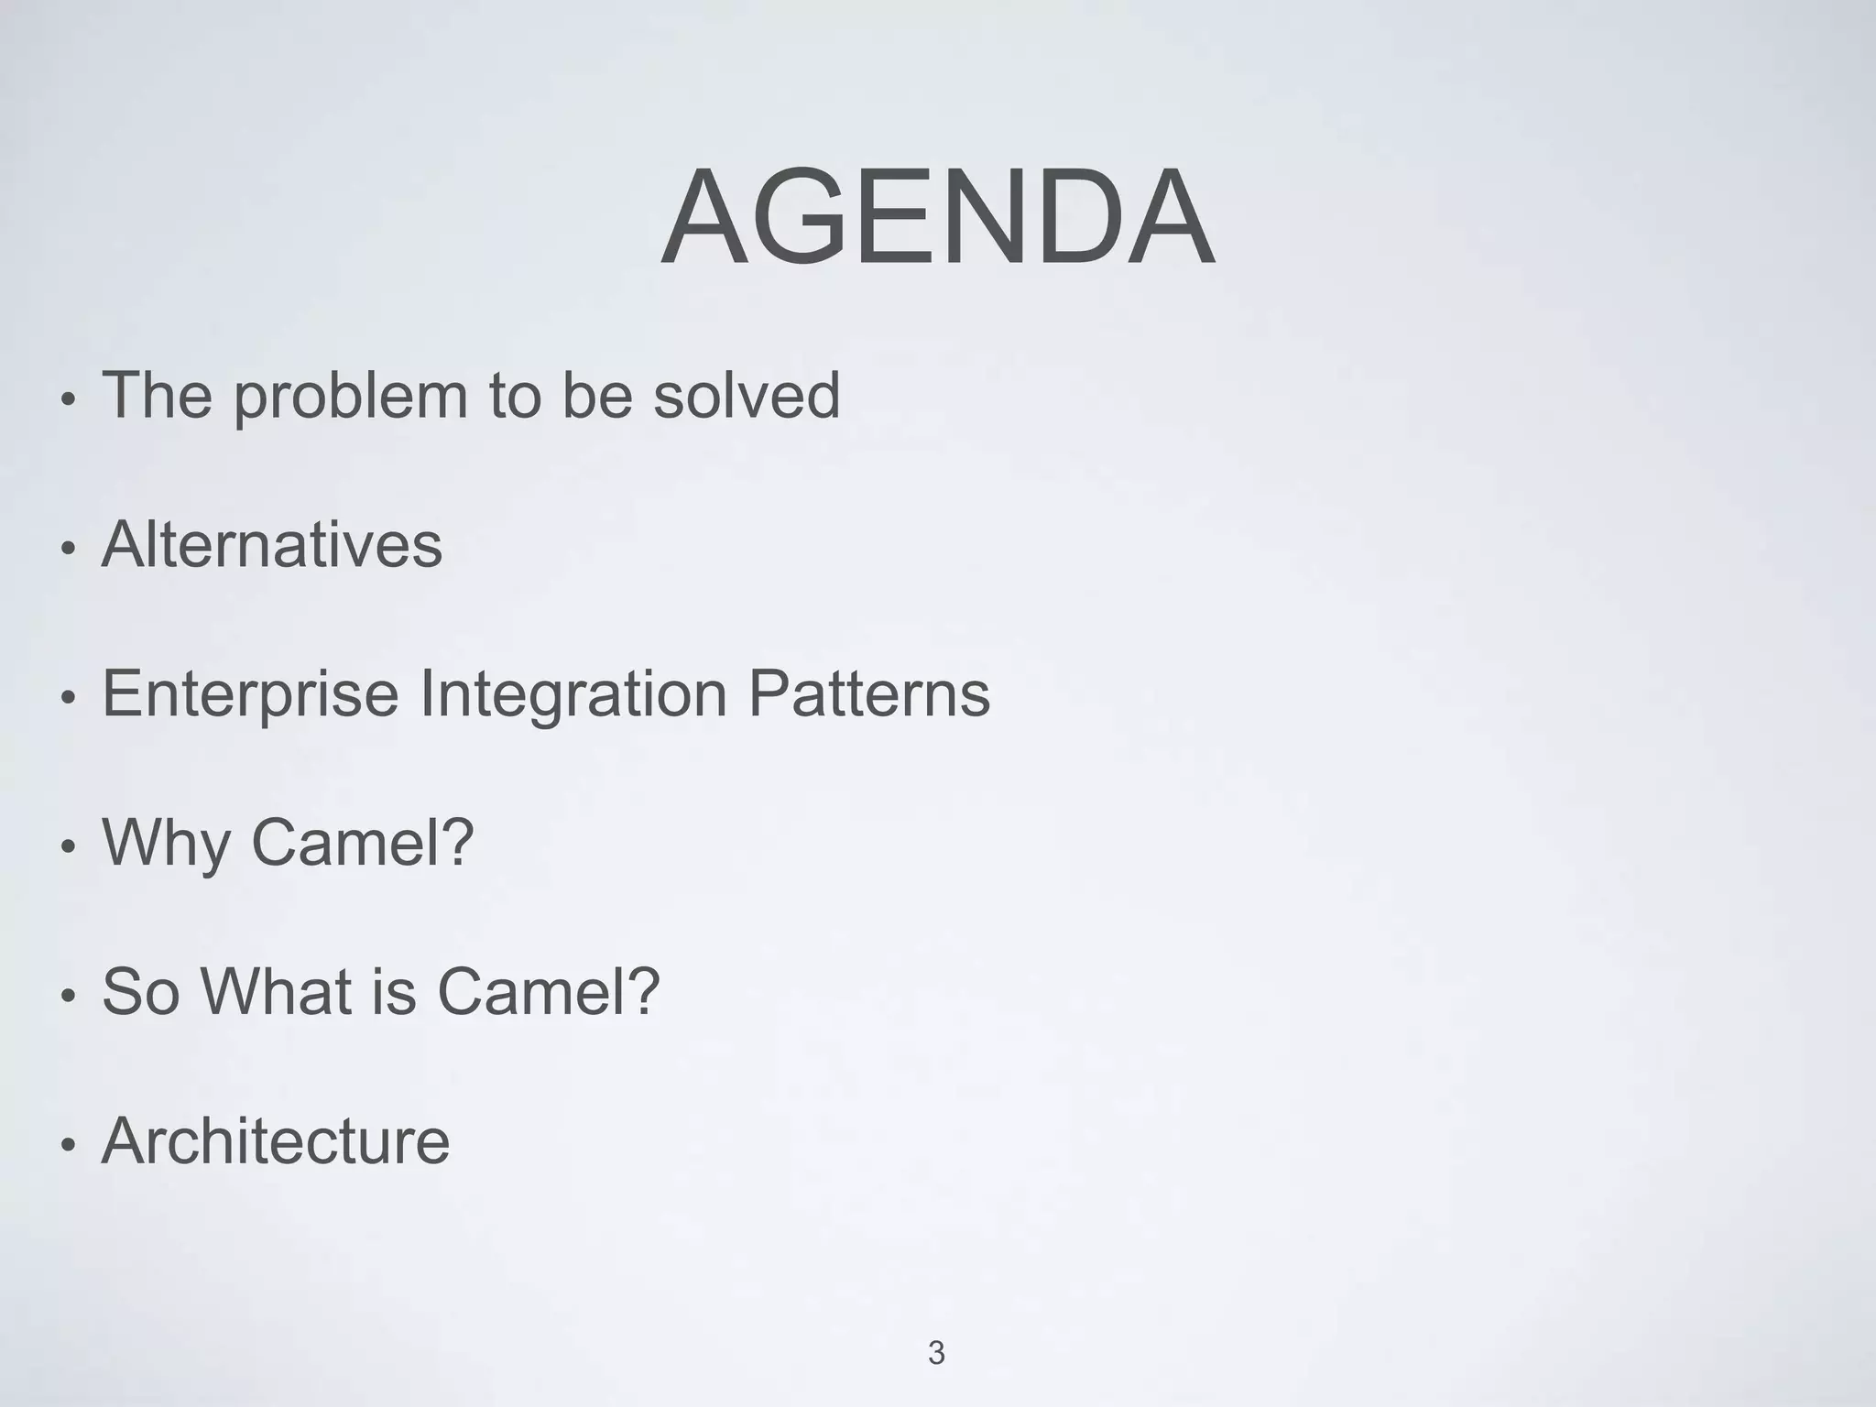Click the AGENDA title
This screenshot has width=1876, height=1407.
937,218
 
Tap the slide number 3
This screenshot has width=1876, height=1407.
936,1353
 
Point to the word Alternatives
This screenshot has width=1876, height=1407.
272,544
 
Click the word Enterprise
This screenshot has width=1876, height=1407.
250,694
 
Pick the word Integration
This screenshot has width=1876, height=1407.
573,694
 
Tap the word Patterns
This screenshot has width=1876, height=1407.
869,693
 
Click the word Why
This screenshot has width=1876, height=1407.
166,843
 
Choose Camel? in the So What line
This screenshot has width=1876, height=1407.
549,991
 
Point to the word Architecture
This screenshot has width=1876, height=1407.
276,1141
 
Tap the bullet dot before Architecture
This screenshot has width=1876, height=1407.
66,1146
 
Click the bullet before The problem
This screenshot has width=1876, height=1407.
66,400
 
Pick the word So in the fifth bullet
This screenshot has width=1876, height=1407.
140,991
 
